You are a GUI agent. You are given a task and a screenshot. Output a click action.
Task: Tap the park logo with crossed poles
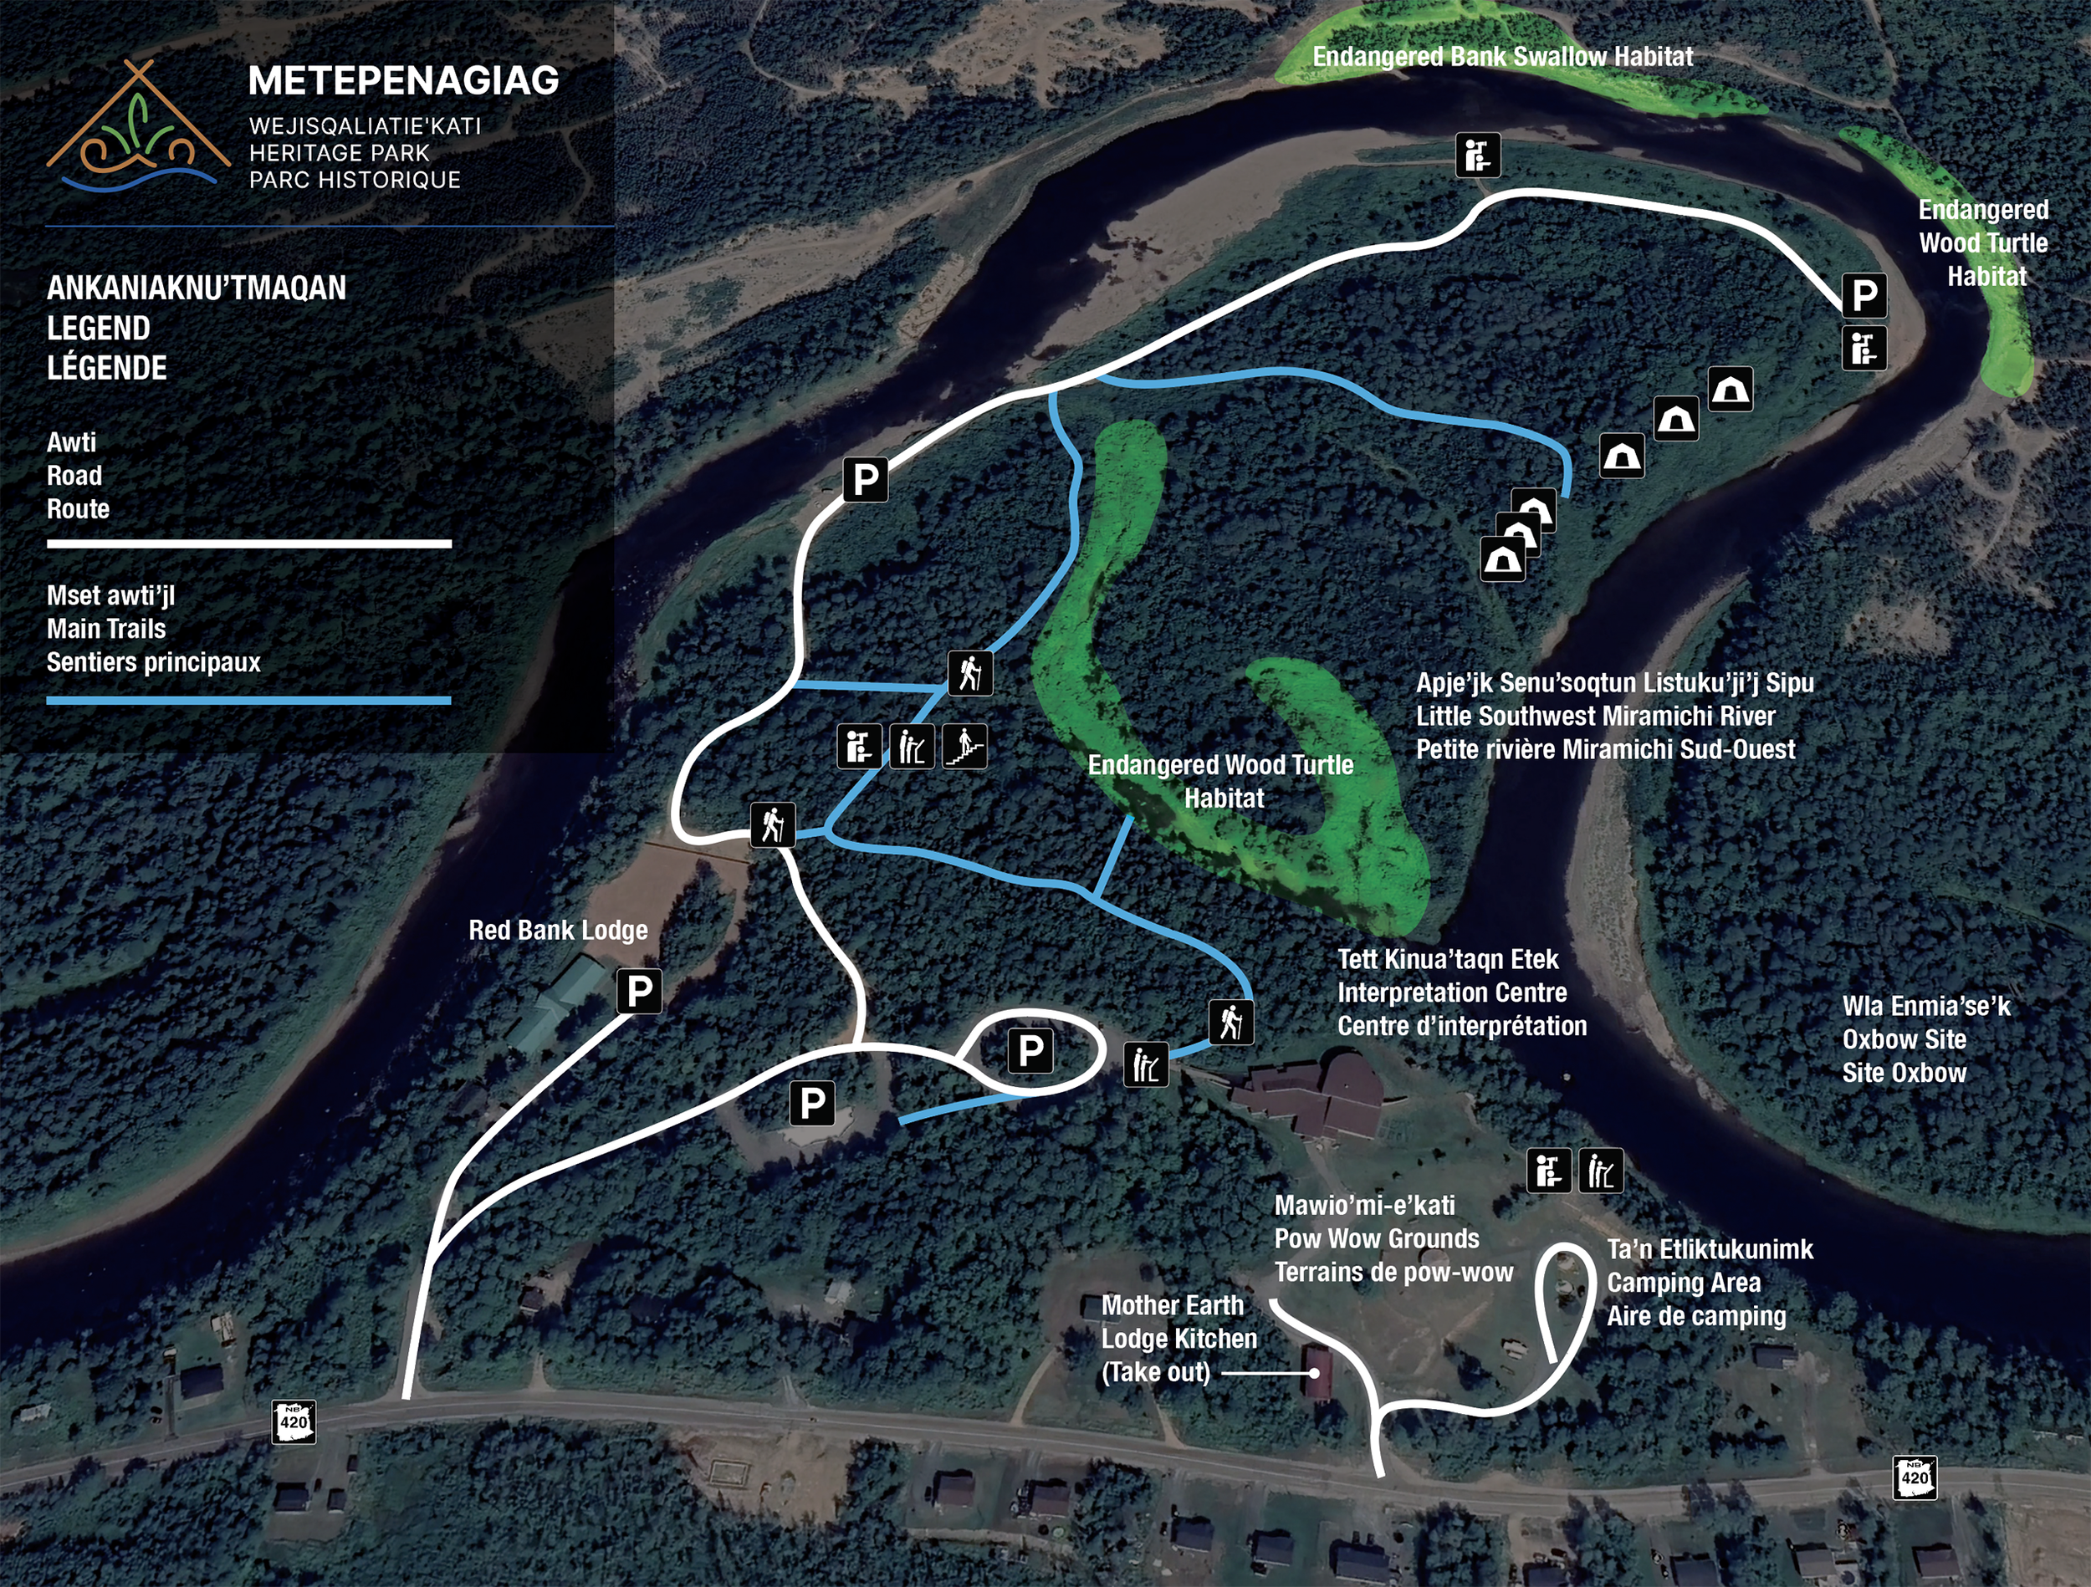[x=138, y=126]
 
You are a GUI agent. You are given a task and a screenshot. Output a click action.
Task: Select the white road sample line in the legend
[x=248, y=543]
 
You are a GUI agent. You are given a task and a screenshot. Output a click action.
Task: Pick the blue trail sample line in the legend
[x=248, y=701]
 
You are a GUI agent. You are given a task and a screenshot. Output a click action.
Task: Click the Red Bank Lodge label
[x=558, y=930]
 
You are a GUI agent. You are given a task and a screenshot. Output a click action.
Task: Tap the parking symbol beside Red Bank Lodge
[x=639, y=991]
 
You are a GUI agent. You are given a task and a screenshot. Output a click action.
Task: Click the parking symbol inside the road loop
[x=1030, y=1050]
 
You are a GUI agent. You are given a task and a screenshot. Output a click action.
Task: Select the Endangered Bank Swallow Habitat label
[x=1502, y=57]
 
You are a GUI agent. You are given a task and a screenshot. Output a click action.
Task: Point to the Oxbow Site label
[x=1904, y=1038]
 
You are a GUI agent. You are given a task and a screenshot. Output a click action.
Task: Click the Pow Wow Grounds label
[x=1377, y=1238]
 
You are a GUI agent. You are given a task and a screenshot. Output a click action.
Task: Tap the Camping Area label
[x=1684, y=1283]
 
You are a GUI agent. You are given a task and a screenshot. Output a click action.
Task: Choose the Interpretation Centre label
[x=1452, y=993]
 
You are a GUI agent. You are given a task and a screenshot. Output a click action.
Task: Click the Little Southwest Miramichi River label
[x=1596, y=716]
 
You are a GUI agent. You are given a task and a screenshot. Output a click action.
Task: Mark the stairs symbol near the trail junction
[x=965, y=747]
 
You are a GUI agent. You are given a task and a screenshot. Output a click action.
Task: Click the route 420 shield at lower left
[x=293, y=1421]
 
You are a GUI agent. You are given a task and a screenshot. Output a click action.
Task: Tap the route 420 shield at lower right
[x=1915, y=1477]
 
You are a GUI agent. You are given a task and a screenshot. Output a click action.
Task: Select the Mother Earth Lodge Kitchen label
[x=1178, y=1339]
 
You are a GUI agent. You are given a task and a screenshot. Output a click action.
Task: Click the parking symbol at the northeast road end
[x=1864, y=295]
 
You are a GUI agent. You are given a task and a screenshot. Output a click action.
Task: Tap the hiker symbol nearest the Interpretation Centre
[x=1231, y=1022]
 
